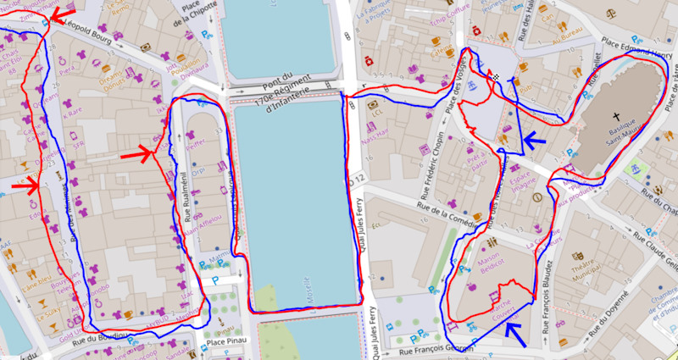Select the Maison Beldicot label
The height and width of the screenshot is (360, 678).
(x=491, y=252)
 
